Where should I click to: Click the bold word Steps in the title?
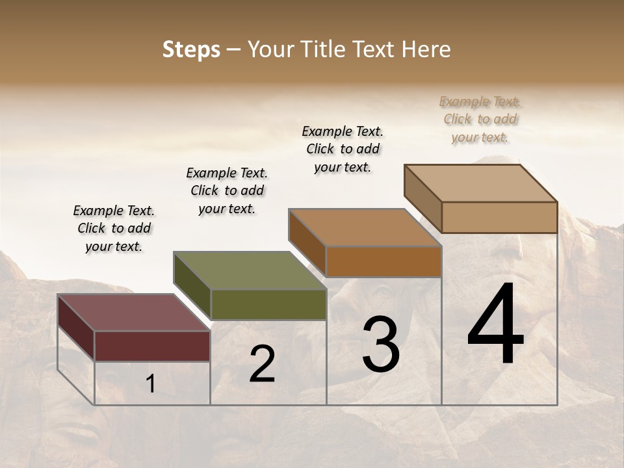click(191, 49)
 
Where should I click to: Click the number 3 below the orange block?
click(381, 344)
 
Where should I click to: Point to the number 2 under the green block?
click(262, 364)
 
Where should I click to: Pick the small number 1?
click(150, 384)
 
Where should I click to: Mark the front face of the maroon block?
click(152, 346)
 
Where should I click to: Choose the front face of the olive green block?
click(268, 304)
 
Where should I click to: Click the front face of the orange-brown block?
click(383, 261)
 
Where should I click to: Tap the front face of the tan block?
click(499, 217)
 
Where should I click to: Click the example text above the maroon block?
click(114, 228)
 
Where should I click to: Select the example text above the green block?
click(227, 190)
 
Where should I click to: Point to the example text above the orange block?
click(343, 149)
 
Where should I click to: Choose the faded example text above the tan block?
click(480, 119)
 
